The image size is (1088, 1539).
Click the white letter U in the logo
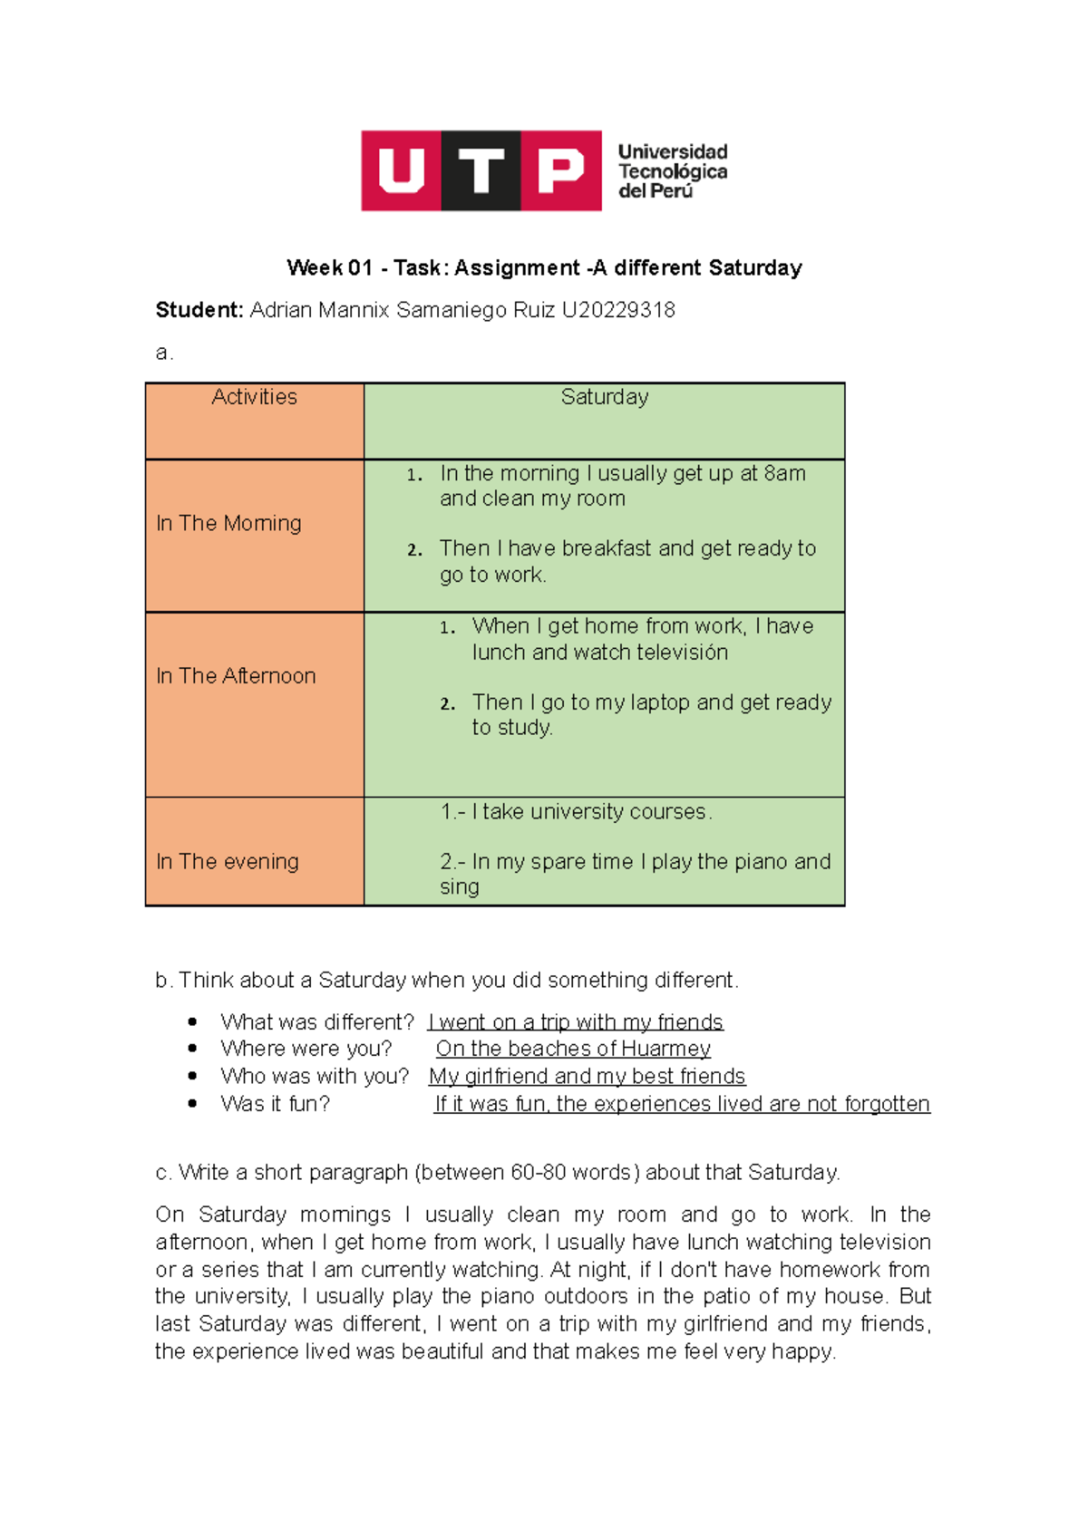pos(401,170)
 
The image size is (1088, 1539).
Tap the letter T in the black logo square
pos(481,170)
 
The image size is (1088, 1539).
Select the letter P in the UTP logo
pos(561,170)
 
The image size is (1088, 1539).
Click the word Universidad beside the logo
pos(673,151)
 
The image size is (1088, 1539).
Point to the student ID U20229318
pos(618,310)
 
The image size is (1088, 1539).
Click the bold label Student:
pos(199,310)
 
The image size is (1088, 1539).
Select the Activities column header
pos(254,397)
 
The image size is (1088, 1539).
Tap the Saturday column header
pos(605,397)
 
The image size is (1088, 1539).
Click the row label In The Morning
pos(228,523)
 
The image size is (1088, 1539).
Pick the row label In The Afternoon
pos(236,676)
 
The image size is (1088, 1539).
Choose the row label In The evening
pos(227,861)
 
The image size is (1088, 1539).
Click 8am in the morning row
pos(784,473)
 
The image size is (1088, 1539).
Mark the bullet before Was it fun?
pos(192,1103)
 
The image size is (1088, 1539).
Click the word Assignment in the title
pos(517,267)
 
